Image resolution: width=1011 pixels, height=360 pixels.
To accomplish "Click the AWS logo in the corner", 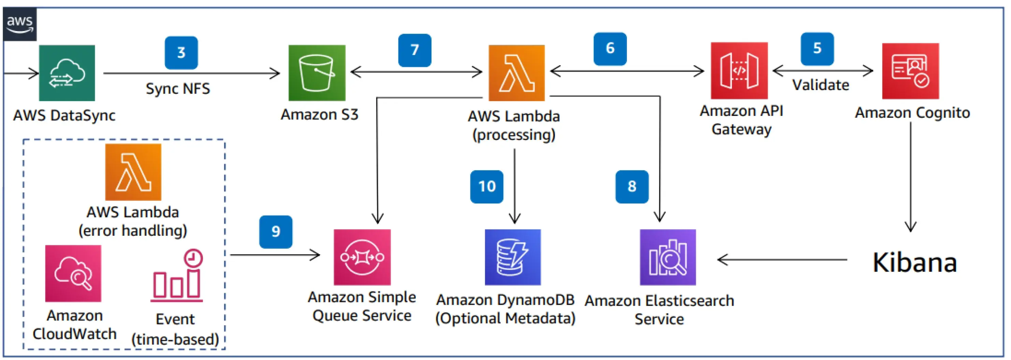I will click(x=20, y=24).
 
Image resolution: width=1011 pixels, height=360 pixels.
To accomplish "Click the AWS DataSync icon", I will click(x=67, y=73).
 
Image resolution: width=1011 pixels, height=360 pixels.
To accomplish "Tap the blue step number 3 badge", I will click(x=181, y=53).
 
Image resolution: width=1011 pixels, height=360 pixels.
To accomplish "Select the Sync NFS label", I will click(x=178, y=88).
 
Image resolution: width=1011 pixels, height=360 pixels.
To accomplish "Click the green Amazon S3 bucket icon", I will click(x=317, y=73).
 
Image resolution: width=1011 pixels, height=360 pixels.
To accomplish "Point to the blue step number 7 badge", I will click(x=414, y=50).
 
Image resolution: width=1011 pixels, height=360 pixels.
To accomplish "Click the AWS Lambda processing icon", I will click(x=516, y=73).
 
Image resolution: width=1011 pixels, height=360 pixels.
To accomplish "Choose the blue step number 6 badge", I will click(x=610, y=49).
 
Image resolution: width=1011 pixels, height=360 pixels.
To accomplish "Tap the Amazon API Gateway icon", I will click(x=739, y=71).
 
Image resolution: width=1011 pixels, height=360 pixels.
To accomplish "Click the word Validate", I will click(x=820, y=85).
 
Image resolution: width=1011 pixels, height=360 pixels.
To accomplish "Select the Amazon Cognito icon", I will click(x=910, y=71).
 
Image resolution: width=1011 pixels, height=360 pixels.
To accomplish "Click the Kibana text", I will click(x=914, y=262).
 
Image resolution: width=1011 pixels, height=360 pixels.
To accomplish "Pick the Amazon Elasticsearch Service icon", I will click(x=668, y=257).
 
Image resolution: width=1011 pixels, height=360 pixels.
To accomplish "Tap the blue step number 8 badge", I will click(x=631, y=186).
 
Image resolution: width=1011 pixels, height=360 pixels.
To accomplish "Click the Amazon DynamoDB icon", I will click(x=513, y=257).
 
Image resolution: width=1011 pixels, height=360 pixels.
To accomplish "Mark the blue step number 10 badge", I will click(x=487, y=186).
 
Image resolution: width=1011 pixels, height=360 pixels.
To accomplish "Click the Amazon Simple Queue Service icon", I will click(x=362, y=257).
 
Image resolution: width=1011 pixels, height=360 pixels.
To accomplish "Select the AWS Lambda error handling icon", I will click(x=133, y=172).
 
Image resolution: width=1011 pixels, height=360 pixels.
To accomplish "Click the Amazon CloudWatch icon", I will click(x=73, y=274).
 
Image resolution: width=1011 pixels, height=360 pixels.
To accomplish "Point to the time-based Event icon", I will click(x=177, y=275).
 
